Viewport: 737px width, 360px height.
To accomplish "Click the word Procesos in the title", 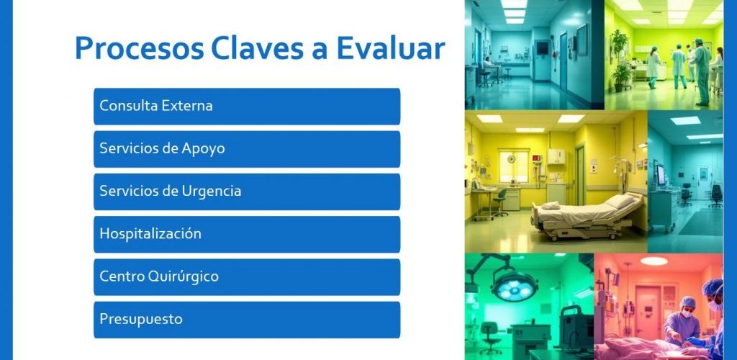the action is tap(140, 48).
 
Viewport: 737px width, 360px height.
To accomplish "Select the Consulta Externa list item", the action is tap(247, 107).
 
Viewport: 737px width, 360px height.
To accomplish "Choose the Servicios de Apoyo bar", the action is tap(247, 149).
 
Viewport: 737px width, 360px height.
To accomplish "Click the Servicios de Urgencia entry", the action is tap(247, 192).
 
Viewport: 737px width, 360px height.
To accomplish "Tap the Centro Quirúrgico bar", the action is tap(247, 277).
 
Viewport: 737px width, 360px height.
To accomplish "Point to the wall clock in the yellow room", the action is tap(512, 159).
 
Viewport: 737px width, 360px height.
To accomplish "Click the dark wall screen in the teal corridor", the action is tap(542, 48).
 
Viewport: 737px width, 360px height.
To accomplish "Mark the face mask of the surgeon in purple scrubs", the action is tap(686, 314).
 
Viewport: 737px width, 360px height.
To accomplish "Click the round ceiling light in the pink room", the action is tap(654, 261).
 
